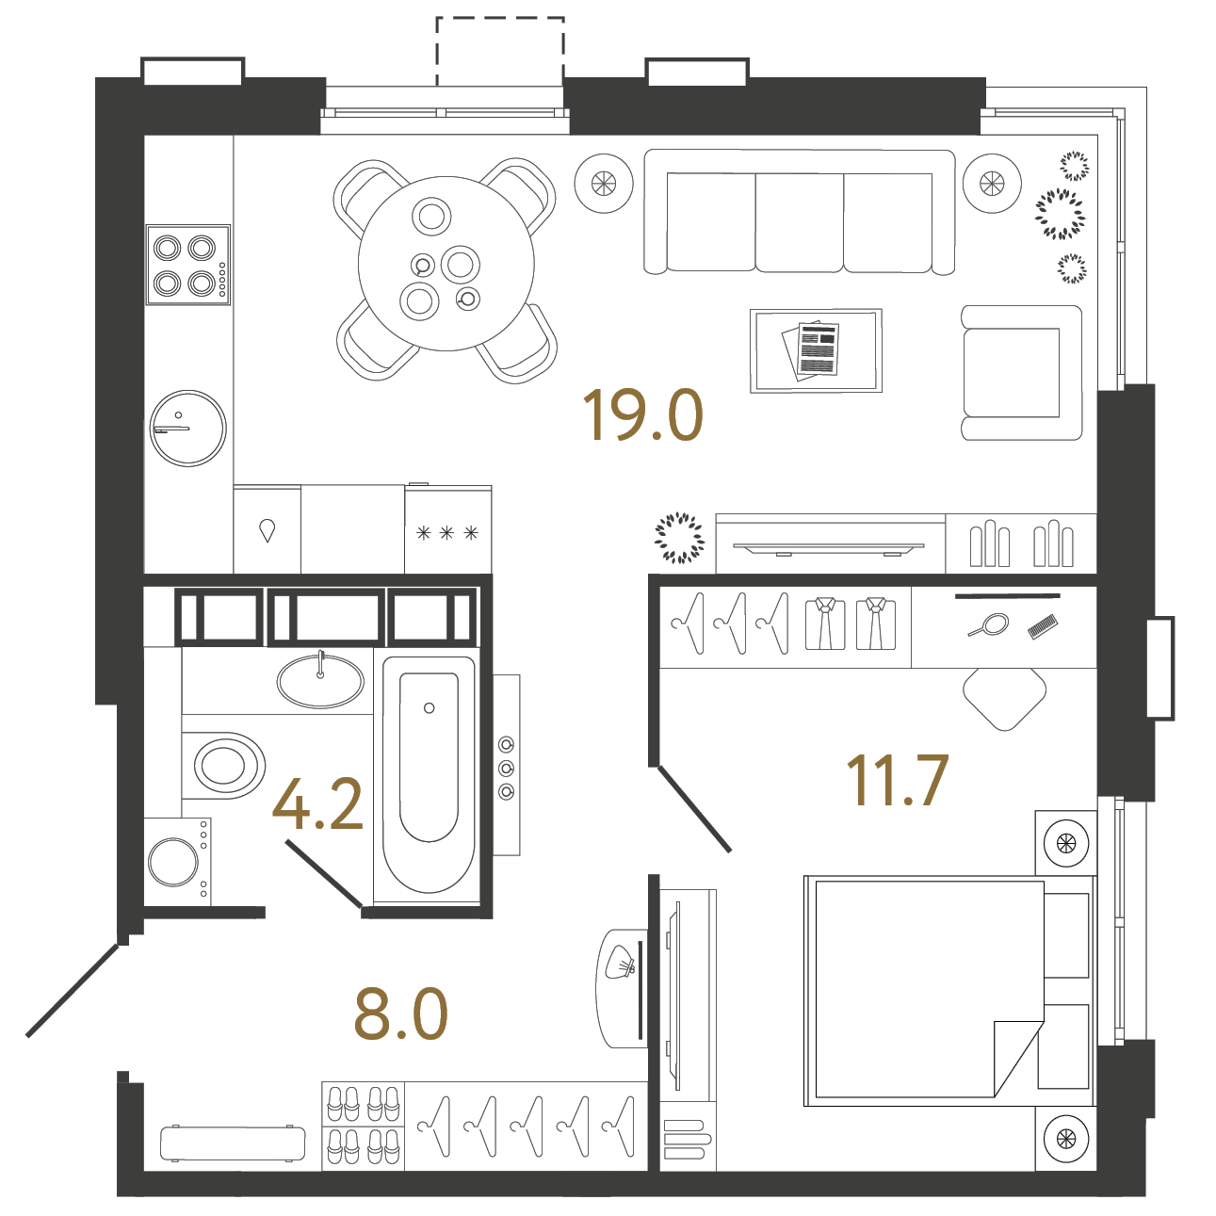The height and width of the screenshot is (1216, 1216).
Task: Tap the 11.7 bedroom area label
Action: [x=898, y=780]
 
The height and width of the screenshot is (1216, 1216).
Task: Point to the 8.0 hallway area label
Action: [x=401, y=1014]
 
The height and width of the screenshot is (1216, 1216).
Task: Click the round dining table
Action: [x=446, y=263]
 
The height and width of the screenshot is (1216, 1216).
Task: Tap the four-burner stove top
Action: [x=188, y=265]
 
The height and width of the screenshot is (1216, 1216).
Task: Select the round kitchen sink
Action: [x=188, y=428]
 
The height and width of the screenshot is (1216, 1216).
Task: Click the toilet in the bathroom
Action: [x=224, y=765]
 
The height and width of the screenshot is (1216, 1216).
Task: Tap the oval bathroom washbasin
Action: [x=320, y=681]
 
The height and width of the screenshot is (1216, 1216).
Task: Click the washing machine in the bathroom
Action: [x=177, y=861]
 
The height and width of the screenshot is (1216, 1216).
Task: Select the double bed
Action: [x=949, y=991]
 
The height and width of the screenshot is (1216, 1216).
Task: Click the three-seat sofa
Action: [x=799, y=212]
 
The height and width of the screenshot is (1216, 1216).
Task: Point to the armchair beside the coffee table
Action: [x=1021, y=372]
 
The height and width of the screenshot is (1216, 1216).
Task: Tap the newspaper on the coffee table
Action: [x=812, y=350]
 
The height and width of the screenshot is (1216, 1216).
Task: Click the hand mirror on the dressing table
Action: [x=989, y=624]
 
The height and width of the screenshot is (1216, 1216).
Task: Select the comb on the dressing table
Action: [x=1042, y=626]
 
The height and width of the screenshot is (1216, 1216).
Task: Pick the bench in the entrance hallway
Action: [x=233, y=1143]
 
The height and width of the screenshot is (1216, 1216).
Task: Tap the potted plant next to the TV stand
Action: [x=679, y=538]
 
